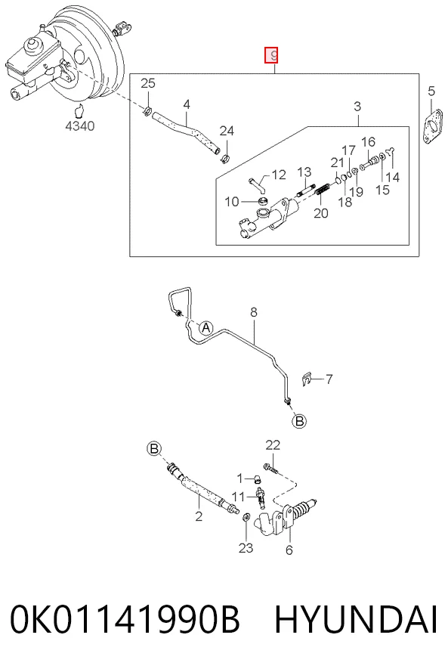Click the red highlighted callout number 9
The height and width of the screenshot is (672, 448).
coord(271,55)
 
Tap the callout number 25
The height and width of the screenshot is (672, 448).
coord(148,82)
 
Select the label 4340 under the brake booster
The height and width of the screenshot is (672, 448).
coord(79,126)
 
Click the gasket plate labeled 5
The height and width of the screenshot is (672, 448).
coord(434,126)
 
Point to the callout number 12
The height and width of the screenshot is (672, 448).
coord(278,175)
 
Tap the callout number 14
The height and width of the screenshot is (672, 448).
coord(392,177)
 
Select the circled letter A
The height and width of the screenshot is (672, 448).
coord(206,328)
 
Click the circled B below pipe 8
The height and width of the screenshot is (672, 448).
coord(299,421)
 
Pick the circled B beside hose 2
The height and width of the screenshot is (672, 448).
coord(154,449)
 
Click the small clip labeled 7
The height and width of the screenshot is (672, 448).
coord(307,378)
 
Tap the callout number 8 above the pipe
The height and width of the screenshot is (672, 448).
coord(254,312)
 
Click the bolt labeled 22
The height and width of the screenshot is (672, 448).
coord(270,469)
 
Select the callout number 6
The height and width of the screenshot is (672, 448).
coord(289,550)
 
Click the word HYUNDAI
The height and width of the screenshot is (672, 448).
coord(356,619)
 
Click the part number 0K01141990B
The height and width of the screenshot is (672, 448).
coord(125,619)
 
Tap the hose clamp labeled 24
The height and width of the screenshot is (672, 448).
coord(225,159)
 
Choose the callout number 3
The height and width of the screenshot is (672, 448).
coord(357,106)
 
